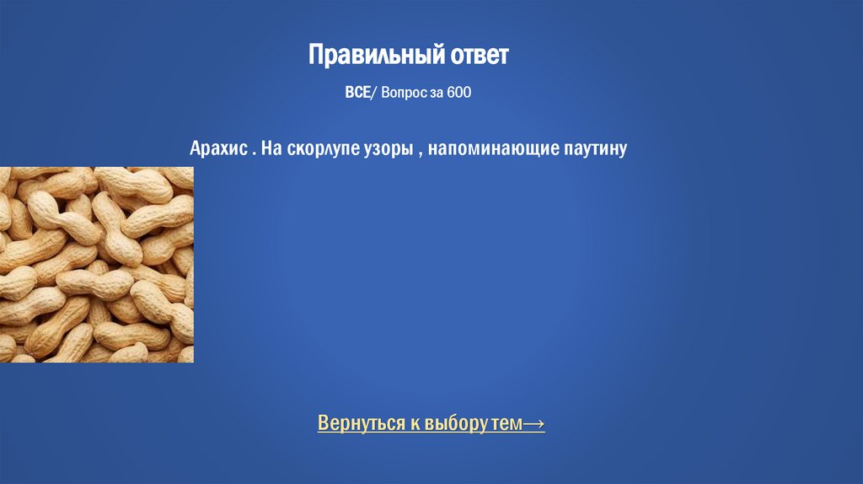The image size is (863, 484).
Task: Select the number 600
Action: click(x=459, y=92)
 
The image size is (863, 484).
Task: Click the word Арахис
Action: click(x=217, y=149)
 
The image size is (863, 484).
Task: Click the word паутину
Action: click(x=592, y=149)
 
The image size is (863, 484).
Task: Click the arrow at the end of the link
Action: click(x=534, y=422)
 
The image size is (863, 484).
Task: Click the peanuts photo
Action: click(x=96, y=264)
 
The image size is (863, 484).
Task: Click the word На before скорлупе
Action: click(x=271, y=149)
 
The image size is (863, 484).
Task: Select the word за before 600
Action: click(x=437, y=92)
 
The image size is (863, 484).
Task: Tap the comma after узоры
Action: click(x=417, y=153)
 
